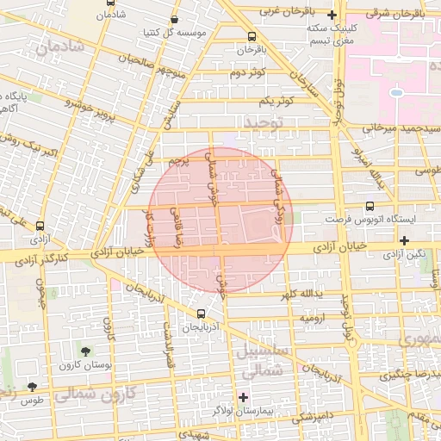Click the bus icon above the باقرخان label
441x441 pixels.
[252, 36]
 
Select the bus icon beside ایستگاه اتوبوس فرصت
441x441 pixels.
[370, 207]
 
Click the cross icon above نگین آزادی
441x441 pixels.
[404, 240]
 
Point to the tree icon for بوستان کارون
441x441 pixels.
[85, 351]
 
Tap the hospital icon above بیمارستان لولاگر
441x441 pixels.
[244, 397]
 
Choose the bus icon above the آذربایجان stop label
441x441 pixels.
[201, 314]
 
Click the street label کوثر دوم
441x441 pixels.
[245, 72]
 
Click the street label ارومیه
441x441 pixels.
[310, 319]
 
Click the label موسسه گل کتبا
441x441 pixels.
[178, 33]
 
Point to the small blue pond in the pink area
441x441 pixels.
[396, 92]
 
